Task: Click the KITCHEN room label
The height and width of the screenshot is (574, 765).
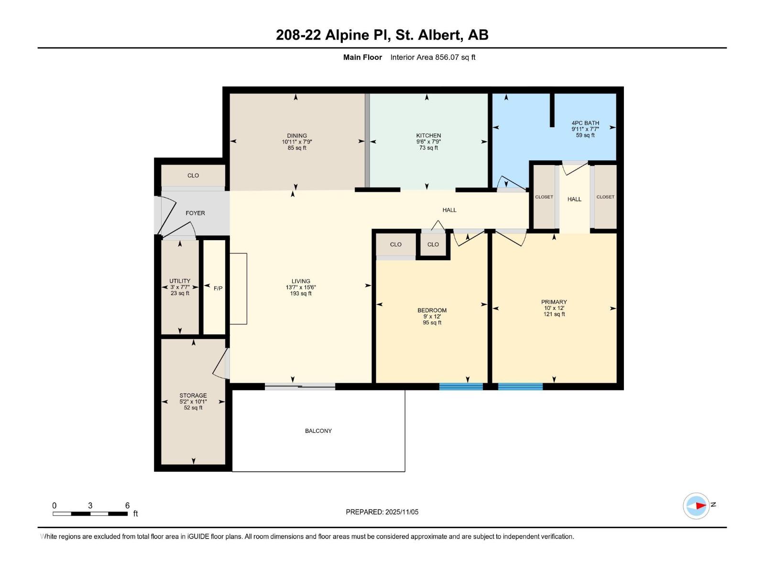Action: pos(428,135)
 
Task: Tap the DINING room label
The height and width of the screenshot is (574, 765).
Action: pos(297,135)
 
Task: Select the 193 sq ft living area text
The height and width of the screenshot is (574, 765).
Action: pos(301,294)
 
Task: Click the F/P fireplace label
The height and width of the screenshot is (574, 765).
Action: pos(218,288)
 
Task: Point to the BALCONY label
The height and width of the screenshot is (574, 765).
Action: pos(318,431)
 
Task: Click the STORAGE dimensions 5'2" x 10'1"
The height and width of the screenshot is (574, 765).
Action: pos(193,402)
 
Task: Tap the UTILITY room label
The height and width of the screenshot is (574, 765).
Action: pos(180,281)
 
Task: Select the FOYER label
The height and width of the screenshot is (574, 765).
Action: pos(195,213)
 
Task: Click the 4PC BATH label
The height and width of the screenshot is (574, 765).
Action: pos(585,123)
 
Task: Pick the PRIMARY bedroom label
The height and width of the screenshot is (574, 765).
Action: pos(554,302)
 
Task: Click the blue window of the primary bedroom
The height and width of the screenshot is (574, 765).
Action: pos(520,386)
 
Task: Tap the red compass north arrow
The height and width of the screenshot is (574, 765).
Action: pos(700,506)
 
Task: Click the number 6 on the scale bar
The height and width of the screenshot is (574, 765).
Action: pos(127,506)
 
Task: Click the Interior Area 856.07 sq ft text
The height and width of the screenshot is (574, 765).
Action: pos(433,57)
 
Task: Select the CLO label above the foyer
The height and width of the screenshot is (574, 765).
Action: pos(193,176)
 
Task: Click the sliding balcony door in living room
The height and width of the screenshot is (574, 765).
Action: pos(300,386)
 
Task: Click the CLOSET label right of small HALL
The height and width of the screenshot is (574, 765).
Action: pos(605,197)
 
